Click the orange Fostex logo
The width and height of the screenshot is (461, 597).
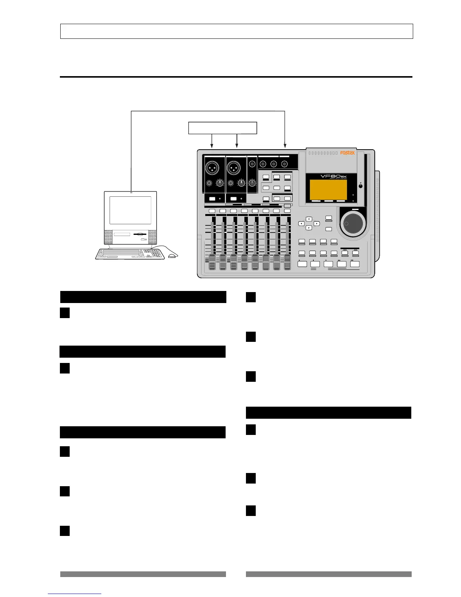(347, 153)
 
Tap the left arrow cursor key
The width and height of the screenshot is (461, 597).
(301, 223)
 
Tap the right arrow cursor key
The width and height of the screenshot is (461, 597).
(317, 223)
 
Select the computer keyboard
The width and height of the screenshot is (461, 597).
(130, 254)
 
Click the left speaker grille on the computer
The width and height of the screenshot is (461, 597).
(108, 237)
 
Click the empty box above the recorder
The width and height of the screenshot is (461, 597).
(223, 128)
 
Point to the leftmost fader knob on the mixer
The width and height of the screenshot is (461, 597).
(212, 262)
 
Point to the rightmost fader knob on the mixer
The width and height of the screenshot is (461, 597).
(288, 262)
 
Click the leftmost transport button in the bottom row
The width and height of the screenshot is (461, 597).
(302, 264)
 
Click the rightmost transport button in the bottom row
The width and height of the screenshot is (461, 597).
(355, 264)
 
